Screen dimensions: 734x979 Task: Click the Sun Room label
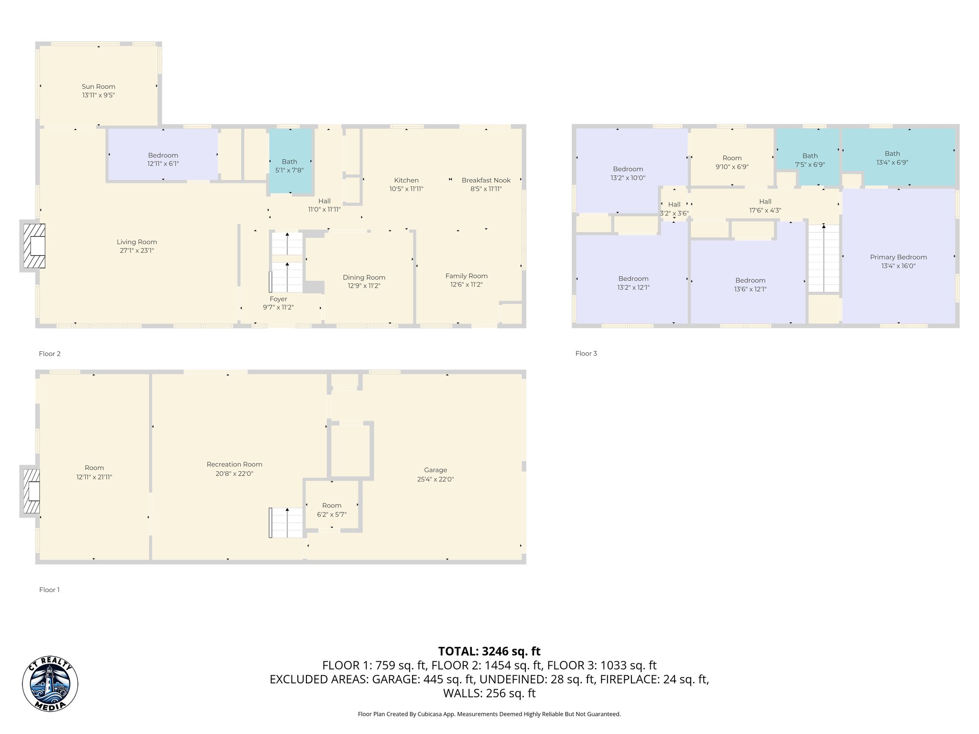[x=98, y=86]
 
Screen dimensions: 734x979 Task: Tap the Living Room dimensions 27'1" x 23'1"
[x=137, y=250]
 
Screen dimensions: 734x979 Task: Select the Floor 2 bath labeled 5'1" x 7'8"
[x=289, y=166]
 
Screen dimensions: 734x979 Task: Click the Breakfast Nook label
[x=486, y=180]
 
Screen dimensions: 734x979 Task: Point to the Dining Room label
[x=364, y=277]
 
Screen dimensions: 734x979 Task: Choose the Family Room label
[x=466, y=276]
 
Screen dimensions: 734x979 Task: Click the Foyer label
[x=278, y=299]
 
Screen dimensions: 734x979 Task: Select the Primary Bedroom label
[x=898, y=257]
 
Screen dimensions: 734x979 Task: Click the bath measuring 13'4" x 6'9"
[x=892, y=158]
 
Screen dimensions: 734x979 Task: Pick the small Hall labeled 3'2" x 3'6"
[x=674, y=209]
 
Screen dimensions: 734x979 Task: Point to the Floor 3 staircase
[x=824, y=258]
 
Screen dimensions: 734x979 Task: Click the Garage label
[x=435, y=470]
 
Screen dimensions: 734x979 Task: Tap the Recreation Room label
[x=234, y=464]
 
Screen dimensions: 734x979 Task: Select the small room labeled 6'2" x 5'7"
[x=332, y=509]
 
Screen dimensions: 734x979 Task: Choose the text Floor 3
[x=586, y=354]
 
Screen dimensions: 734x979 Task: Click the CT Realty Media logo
[x=50, y=684]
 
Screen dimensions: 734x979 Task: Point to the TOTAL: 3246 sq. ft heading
[x=489, y=651]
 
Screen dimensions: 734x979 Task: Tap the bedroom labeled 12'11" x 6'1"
[x=163, y=159]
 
